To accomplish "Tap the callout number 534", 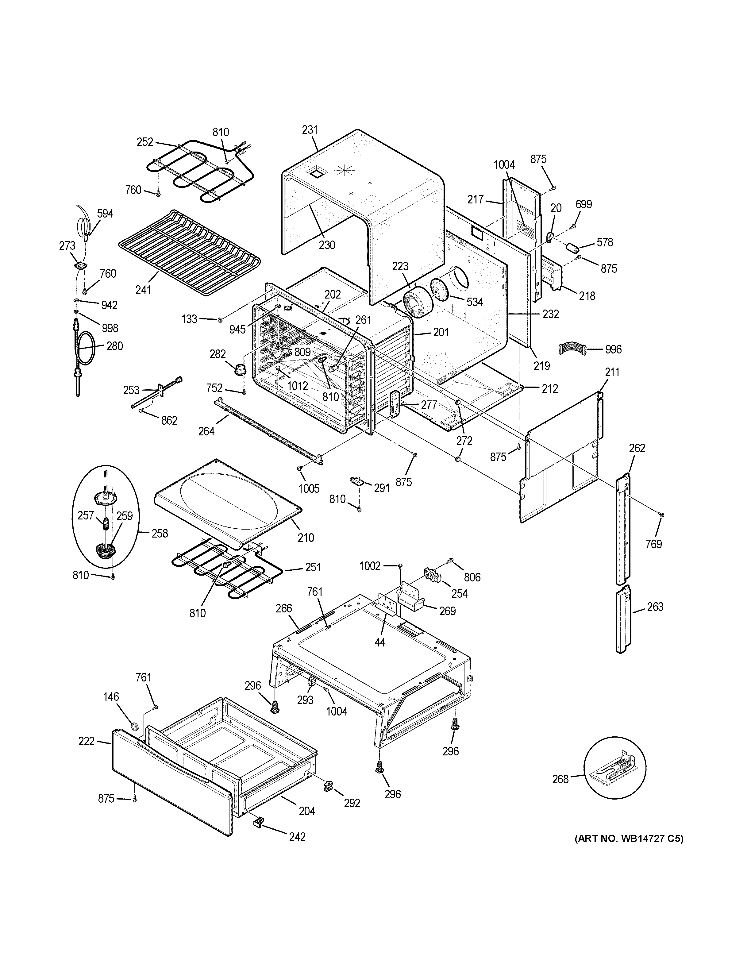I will (475, 302).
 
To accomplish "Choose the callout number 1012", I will (297, 386).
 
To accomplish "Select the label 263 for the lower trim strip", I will (655, 607).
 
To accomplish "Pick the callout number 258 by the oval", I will (159, 533).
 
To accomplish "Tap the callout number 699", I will (584, 204).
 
